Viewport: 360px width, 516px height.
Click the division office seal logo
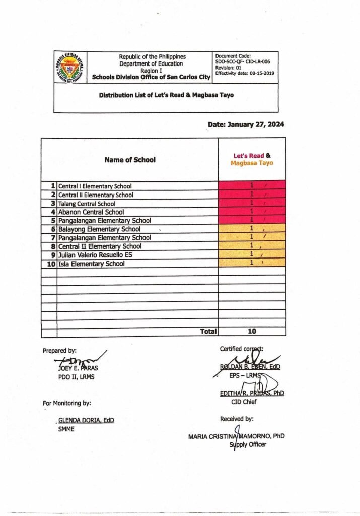[x=70, y=67]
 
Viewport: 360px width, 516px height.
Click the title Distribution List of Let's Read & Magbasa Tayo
[x=166, y=95]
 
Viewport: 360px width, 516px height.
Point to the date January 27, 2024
[x=246, y=124]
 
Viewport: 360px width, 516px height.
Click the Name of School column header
[x=130, y=160]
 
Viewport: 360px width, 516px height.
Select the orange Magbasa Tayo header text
[x=252, y=163]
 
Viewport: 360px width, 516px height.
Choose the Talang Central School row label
[x=87, y=204]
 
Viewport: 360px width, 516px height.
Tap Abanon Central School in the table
[x=91, y=212]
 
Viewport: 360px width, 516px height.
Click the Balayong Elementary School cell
[x=100, y=229]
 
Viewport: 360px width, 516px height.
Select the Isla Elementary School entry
[x=92, y=264]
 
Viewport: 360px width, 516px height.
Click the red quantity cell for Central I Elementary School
[x=252, y=185]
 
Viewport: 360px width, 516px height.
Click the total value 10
[x=252, y=332]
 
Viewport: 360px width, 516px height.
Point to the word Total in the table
[x=208, y=332]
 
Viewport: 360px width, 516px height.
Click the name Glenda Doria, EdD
[x=86, y=421]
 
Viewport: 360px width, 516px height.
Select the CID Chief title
[x=244, y=402]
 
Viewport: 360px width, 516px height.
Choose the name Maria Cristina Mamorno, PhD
[x=236, y=436]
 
